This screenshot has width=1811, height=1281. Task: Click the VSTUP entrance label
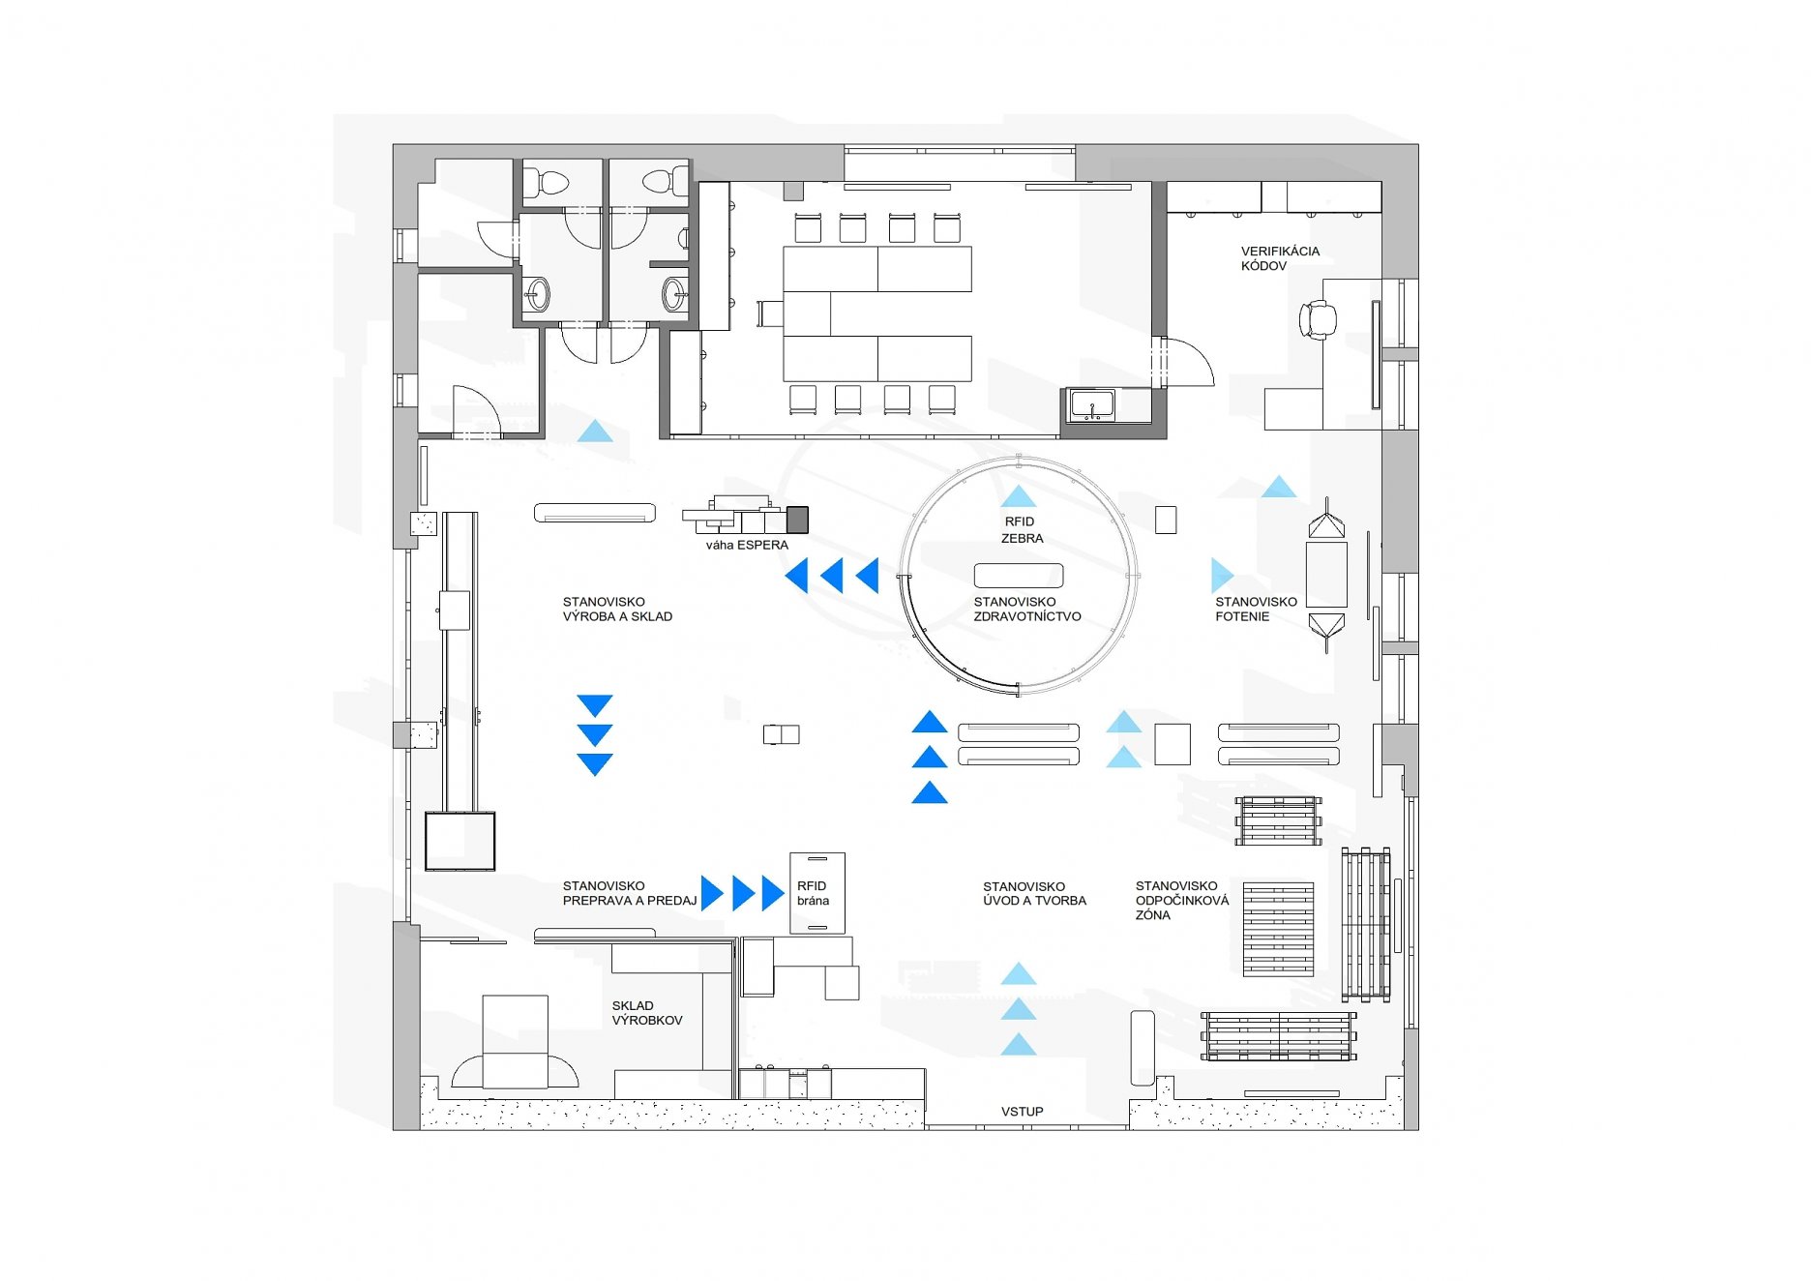coord(1022,1112)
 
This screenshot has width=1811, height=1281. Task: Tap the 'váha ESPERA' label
coord(747,545)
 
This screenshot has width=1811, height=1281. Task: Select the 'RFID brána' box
coord(817,893)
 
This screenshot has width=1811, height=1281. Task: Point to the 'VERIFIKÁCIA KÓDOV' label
coord(1280,258)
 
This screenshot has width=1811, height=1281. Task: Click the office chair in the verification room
coord(1318,318)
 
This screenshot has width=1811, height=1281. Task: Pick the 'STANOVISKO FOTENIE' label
coord(1256,609)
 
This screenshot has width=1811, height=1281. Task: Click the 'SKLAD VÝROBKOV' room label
coord(647,1013)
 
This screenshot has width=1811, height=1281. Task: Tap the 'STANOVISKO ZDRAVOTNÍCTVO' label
coord(1027,609)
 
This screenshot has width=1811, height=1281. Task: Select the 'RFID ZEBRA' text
coord(1022,530)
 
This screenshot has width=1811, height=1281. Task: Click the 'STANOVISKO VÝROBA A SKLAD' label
coord(617,609)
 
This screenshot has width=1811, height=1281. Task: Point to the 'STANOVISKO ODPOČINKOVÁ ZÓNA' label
coord(1182,900)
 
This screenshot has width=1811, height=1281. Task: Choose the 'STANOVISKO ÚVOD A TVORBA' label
coord(1034,893)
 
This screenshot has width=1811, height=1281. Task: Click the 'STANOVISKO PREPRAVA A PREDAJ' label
coord(630,893)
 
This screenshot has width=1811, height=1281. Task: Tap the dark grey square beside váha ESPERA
coord(797,520)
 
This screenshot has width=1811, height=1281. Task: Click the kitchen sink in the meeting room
coord(1092,403)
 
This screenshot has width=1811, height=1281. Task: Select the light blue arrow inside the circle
coord(1019,497)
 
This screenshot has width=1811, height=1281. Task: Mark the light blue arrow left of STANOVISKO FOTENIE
coord(1221,576)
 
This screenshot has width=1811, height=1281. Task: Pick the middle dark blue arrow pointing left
coord(832,576)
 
